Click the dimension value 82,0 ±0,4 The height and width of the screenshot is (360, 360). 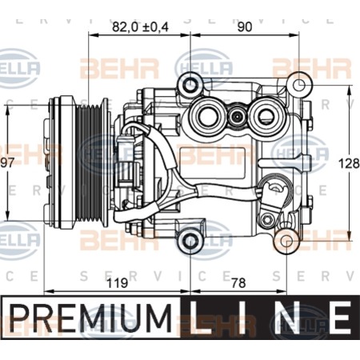pyautogui.click(x=140, y=27)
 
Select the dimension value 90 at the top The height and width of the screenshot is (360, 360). pyautogui.click(x=244, y=27)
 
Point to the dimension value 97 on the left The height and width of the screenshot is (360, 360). pyautogui.click(x=7, y=162)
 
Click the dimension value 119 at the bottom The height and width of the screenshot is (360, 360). pyautogui.click(x=118, y=283)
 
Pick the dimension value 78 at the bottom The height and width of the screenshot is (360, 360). pyautogui.click(x=238, y=283)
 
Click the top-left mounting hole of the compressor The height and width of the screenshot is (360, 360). pyautogui.click(x=190, y=86)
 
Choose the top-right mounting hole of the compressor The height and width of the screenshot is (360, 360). pyautogui.click(x=299, y=86)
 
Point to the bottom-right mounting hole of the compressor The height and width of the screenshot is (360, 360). pyautogui.click(x=286, y=241)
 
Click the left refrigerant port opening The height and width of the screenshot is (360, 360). pyautogui.click(x=208, y=115)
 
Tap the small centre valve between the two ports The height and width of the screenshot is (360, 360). pyautogui.click(x=237, y=116)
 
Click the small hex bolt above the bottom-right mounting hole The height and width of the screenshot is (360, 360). pyautogui.click(x=266, y=220)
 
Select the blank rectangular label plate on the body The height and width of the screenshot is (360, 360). pyautogui.click(x=213, y=163)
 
